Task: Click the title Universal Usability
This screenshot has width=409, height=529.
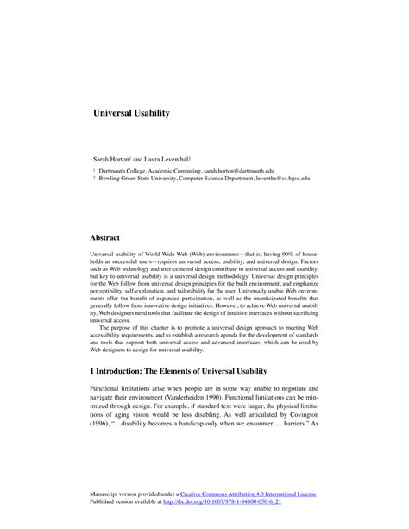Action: pos(130,112)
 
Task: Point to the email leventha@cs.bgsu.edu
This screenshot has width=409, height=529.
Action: pos(280,179)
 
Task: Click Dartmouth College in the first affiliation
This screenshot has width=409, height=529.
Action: pos(119,171)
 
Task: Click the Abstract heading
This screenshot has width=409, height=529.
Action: pos(104,237)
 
